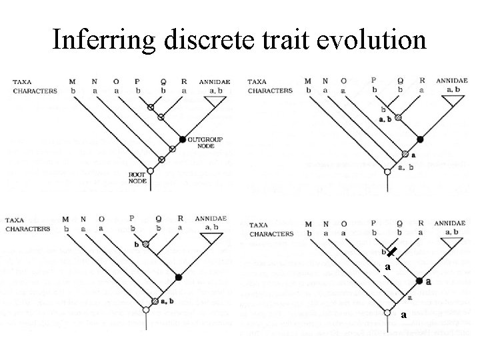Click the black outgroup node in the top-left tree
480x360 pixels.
pos(182,139)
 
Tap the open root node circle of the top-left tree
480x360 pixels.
pos(150,171)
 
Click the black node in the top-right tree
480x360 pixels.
pos(420,139)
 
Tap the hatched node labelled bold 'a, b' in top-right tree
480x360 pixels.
pos(398,117)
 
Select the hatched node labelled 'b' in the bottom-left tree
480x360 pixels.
pos(145,245)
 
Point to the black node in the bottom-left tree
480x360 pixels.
pos(178,276)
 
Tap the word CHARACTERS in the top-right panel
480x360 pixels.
pos(270,90)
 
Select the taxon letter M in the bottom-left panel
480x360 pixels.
pos(65,219)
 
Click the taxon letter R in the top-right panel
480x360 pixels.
pos(421,81)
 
